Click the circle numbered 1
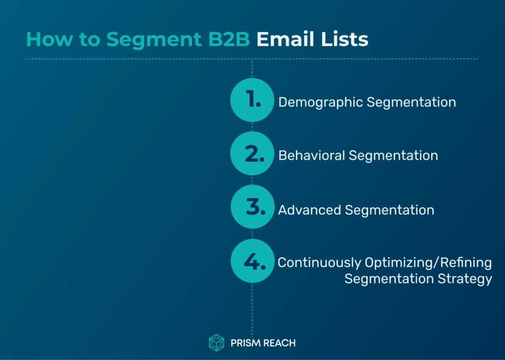(x=252, y=100)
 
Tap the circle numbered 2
(x=252, y=153)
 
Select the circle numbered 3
(x=252, y=207)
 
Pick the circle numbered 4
(x=252, y=261)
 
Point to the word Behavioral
(x=312, y=155)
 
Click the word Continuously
(x=320, y=263)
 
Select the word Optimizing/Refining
(x=429, y=263)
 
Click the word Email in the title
(x=286, y=39)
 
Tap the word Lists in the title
(x=345, y=39)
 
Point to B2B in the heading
(x=229, y=39)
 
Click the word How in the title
(x=50, y=39)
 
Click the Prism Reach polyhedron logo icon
(x=216, y=343)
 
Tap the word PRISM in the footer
(x=246, y=343)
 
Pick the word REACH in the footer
(x=279, y=343)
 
